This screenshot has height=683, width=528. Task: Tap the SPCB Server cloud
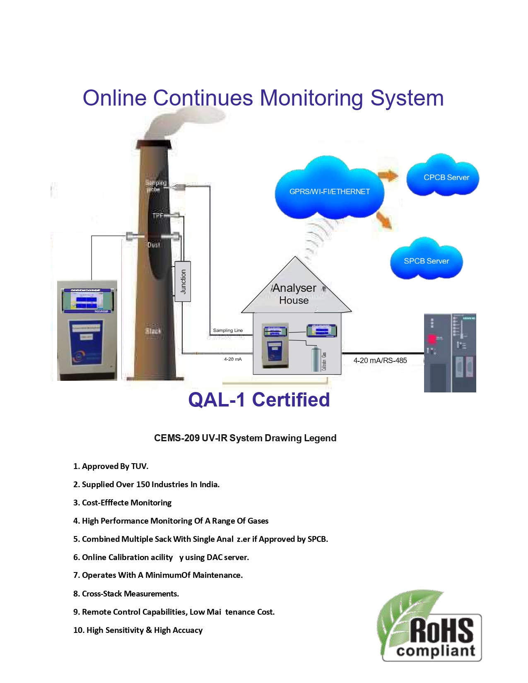pos(426,260)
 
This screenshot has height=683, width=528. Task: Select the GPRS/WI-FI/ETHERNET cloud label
pos(329,192)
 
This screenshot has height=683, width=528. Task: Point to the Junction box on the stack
pos(183,281)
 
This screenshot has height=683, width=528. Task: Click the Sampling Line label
pos(228,330)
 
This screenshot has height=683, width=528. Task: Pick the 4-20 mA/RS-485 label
pos(380,361)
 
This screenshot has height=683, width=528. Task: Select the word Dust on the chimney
pos(154,245)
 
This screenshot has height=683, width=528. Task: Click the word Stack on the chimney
pos(153,331)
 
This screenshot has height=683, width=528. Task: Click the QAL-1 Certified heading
pos(259,400)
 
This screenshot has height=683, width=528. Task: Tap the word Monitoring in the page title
pos(311,99)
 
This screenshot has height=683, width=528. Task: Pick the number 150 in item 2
pos(143,485)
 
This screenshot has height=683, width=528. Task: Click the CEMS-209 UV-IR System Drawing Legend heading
pos(245,438)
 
